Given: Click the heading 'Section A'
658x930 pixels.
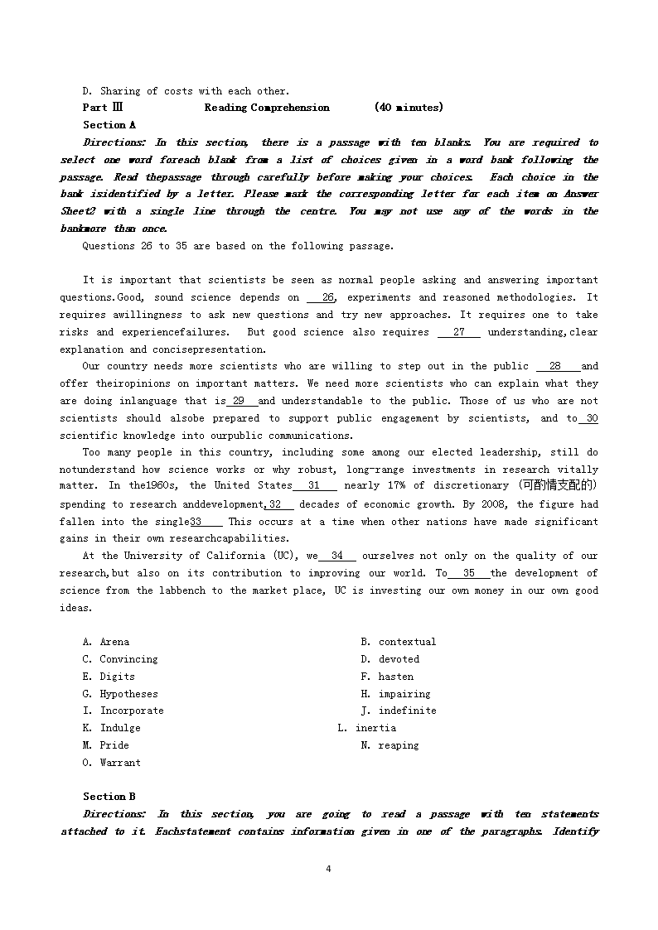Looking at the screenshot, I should tap(109, 125).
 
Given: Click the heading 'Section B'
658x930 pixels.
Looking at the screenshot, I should tap(109, 797).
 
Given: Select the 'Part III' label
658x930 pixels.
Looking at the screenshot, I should tap(103, 108).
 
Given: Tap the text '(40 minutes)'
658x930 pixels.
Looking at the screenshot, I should tap(409, 108).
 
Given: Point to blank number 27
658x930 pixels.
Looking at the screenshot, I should tap(459, 332).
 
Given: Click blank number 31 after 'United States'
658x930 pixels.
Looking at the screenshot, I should tap(314, 486).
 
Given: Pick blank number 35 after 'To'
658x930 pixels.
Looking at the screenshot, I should tap(469, 573).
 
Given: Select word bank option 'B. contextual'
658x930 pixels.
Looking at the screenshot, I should tap(398, 642).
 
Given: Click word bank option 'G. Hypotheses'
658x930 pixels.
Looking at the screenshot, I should tap(120, 694).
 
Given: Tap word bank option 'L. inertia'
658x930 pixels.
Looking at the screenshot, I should tap(366, 728).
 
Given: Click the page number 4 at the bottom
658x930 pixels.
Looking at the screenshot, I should tap(329, 869).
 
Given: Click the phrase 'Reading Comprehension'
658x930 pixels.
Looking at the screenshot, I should tap(267, 108).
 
